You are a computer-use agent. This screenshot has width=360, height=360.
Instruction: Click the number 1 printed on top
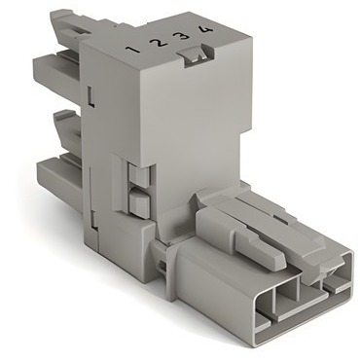click(133, 50)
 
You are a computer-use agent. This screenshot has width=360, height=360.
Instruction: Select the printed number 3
click(183, 35)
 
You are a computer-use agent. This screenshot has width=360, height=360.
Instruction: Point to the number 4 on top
click(205, 29)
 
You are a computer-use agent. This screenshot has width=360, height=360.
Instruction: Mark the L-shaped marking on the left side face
click(91, 96)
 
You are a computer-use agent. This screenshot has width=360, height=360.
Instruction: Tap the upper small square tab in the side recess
click(139, 173)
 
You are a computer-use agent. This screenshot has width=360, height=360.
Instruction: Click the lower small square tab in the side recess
click(139, 203)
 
